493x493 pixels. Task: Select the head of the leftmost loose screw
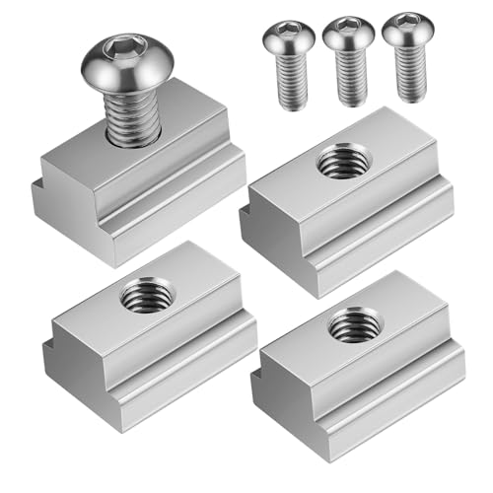pyautogui.click(x=288, y=39)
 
